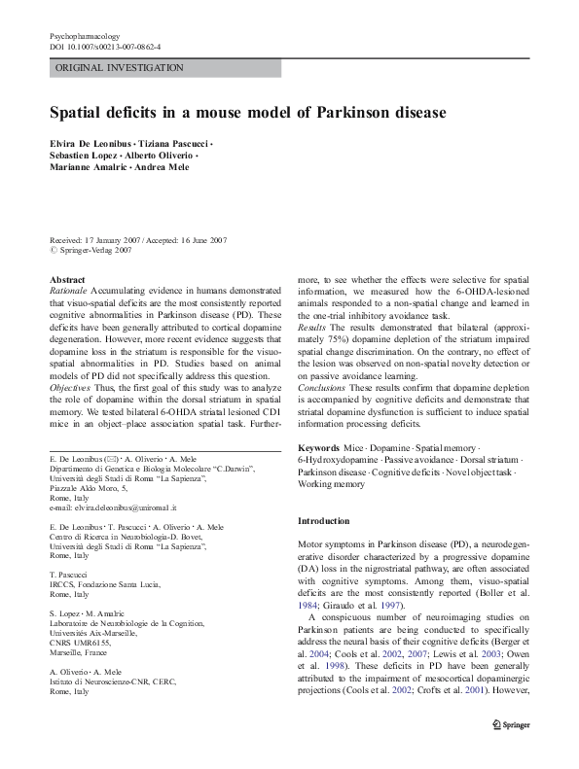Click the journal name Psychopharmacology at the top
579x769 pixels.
[85, 35]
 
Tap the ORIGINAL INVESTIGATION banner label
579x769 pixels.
[120, 68]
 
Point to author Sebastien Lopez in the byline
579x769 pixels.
[84, 155]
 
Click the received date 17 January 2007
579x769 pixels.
[112, 239]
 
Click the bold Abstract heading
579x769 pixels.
[67, 279]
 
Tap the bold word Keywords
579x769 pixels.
[319, 447]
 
